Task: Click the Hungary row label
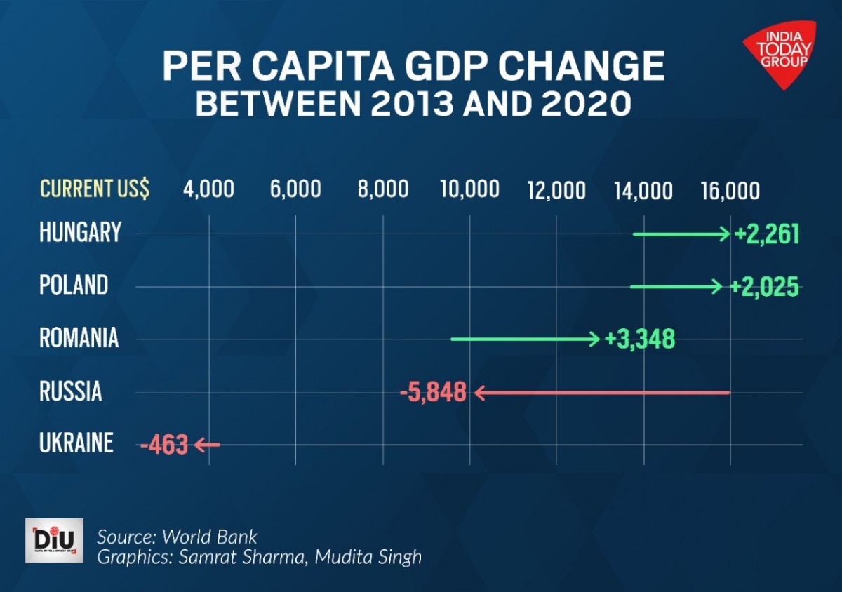point(80,233)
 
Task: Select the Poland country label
point(74,285)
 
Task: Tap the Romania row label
point(79,339)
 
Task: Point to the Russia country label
point(70,391)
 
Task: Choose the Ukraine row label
point(76,443)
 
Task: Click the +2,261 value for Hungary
point(767,234)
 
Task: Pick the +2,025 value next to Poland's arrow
point(764,287)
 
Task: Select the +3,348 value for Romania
point(640,339)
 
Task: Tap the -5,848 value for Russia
point(433,392)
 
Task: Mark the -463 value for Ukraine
point(164,445)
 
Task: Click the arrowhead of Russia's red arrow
point(479,393)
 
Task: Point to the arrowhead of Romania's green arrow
point(596,339)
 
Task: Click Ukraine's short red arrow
point(207,444)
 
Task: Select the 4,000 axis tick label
point(208,189)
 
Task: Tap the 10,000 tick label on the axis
point(469,189)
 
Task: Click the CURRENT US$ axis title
point(95,189)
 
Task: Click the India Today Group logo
point(780,53)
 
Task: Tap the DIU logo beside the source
point(54,541)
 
